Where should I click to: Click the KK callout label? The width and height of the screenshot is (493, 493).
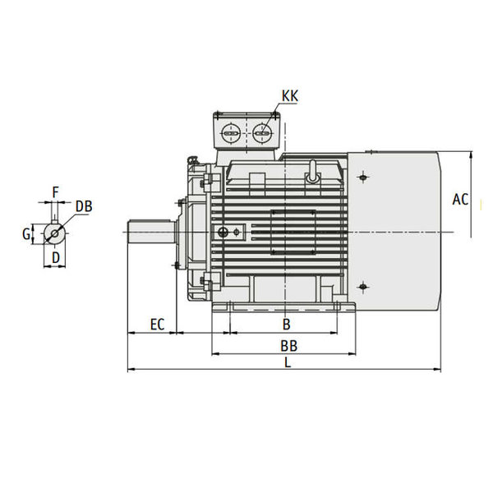(289, 96)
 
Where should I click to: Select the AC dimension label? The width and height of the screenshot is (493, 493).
(460, 200)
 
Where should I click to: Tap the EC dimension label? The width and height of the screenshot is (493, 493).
(157, 325)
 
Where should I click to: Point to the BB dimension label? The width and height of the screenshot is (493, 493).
(288, 346)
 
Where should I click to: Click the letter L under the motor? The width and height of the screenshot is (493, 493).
(288, 362)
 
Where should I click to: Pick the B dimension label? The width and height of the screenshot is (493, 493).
(286, 325)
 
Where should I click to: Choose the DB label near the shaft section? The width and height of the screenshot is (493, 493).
(84, 206)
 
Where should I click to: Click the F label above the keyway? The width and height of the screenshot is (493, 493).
(55, 192)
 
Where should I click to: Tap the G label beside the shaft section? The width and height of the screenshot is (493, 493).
(27, 234)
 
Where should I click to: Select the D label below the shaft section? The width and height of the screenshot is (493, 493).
(55, 258)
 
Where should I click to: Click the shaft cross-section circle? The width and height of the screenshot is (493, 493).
(55, 233)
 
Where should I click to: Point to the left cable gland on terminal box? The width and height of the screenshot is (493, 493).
(231, 132)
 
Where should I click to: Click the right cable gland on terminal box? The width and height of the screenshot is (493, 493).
(262, 132)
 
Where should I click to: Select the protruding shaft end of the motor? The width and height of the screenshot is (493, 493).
(151, 233)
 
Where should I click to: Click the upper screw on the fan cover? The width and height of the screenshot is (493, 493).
(363, 177)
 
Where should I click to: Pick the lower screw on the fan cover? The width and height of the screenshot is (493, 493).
(363, 287)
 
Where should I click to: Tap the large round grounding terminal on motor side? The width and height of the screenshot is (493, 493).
(223, 233)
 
